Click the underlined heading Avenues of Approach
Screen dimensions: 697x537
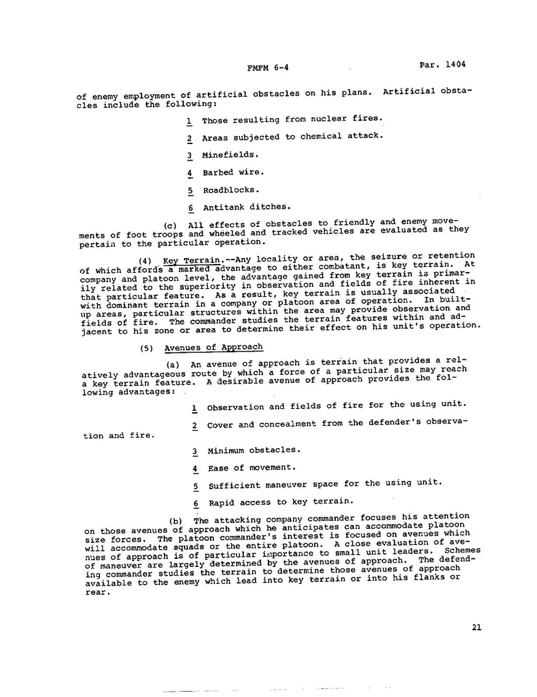click(x=213, y=347)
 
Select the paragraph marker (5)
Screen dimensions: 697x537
click(x=147, y=347)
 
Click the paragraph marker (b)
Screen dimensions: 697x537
click(x=176, y=520)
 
